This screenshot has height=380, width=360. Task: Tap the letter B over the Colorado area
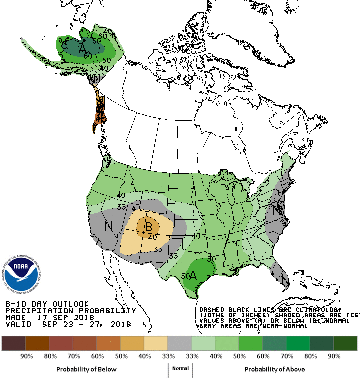click(x=148, y=227)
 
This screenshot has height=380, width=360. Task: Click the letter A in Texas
click(x=193, y=275)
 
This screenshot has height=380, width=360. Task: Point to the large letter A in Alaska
click(x=82, y=48)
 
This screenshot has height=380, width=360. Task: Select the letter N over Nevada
click(x=108, y=226)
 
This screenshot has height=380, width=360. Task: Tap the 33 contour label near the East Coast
click(x=272, y=200)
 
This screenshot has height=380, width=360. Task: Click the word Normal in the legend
click(x=180, y=368)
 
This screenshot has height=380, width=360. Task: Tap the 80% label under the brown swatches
click(x=50, y=356)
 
